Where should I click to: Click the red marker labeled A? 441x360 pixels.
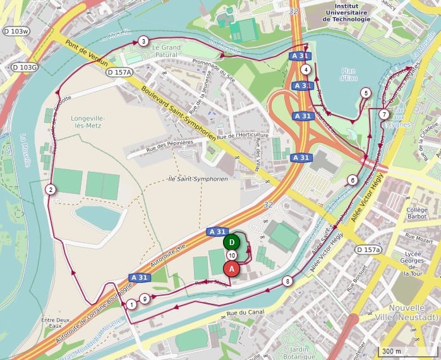coord(232,268)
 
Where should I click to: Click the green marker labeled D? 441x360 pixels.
coord(232,242)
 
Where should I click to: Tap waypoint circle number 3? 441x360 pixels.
coord(143,42)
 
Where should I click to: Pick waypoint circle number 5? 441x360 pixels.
coord(365,93)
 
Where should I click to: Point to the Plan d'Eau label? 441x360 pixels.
coord(348,74)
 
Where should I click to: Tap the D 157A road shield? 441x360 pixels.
coord(119,72)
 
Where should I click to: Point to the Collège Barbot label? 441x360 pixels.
coord(417,214)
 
